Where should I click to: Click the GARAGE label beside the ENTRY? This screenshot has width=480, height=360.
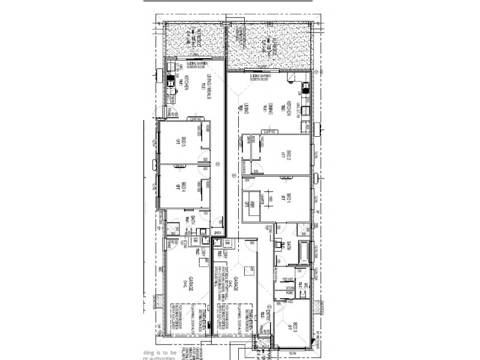(x=237, y=284)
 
